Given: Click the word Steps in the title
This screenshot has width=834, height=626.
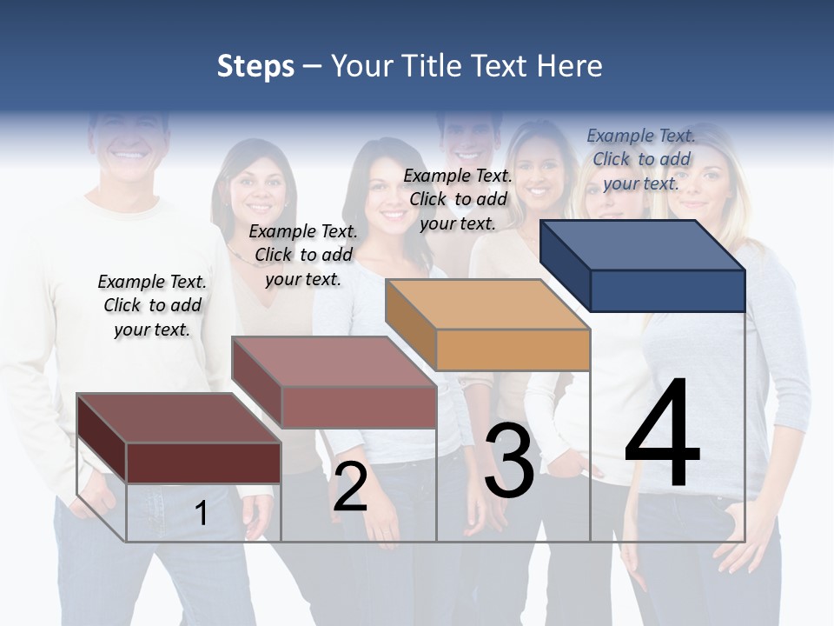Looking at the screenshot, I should click(x=255, y=66).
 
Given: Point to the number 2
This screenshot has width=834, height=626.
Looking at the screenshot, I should click(x=351, y=487).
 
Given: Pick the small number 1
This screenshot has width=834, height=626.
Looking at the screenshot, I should click(x=202, y=513).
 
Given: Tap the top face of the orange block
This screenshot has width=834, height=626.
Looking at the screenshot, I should click(x=487, y=304).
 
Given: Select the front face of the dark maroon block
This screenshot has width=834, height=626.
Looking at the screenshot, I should click(x=203, y=463).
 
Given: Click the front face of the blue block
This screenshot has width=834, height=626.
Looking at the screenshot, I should click(x=667, y=290).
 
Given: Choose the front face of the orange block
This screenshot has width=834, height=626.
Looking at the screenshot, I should click(x=513, y=350).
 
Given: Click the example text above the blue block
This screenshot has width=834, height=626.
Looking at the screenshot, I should click(x=641, y=159).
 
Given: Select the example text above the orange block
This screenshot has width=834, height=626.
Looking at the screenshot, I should click(x=458, y=199).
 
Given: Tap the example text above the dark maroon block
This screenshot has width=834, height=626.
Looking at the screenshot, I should click(x=152, y=305).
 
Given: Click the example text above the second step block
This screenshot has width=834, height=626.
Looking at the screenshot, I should click(x=303, y=255).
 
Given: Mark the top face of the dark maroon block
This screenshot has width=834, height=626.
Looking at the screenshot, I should click(x=178, y=418).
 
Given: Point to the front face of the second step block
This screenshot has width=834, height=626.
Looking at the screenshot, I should click(x=359, y=407).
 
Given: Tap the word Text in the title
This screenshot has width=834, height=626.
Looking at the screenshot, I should click(x=503, y=66).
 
